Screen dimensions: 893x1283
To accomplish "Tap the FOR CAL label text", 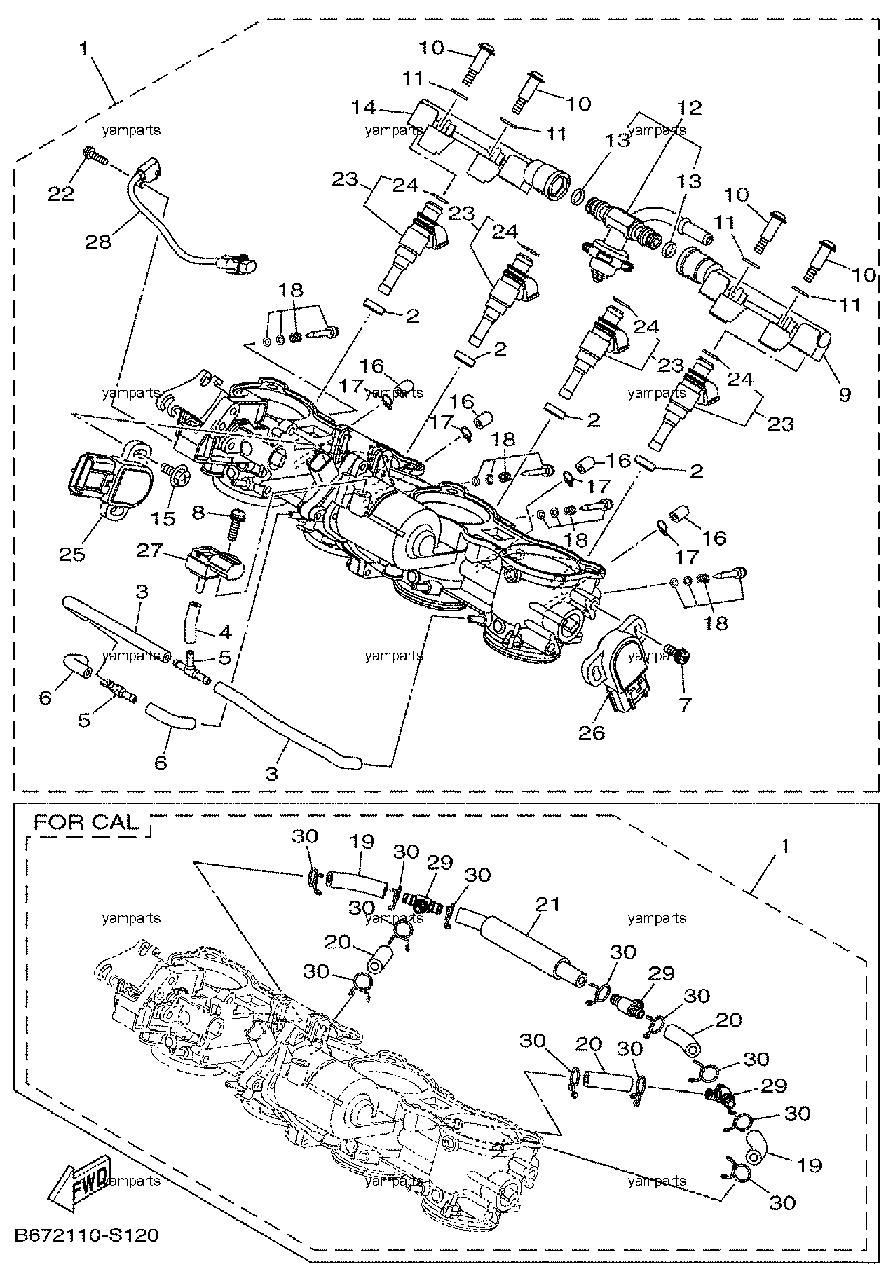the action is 86,821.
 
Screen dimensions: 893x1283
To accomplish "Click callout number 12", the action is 688,108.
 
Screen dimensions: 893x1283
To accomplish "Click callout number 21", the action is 547,904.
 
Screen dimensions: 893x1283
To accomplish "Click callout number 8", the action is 198,513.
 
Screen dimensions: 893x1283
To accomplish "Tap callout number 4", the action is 224,632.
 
